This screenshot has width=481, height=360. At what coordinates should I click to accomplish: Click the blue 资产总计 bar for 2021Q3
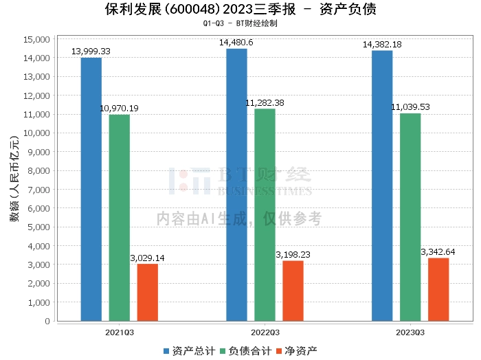pyautogui.click(x=91, y=189)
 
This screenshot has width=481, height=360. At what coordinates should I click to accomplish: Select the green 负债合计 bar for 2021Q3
pyautogui.click(x=120, y=217)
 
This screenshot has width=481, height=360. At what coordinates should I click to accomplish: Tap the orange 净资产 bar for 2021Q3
pyautogui.click(x=147, y=292)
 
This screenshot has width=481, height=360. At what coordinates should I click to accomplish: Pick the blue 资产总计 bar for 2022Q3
pyautogui.click(x=237, y=184)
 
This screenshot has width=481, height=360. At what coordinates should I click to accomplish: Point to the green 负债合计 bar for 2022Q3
pyautogui.click(x=265, y=214)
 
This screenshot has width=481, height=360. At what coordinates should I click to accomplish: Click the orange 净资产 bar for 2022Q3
pyautogui.click(x=293, y=291)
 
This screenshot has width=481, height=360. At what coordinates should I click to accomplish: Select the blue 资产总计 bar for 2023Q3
pyautogui.click(x=382, y=185)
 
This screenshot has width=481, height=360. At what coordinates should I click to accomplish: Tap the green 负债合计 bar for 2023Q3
pyautogui.click(x=410, y=216)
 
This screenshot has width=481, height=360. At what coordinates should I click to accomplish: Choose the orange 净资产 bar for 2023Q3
pyautogui.click(x=438, y=289)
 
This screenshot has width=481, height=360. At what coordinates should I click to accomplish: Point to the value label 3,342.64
pyautogui.click(x=438, y=252)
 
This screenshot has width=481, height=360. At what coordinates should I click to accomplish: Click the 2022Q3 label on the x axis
pyautogui.click(x=265, y=332)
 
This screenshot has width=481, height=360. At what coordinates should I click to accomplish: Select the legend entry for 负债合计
pyautogui.click(x=245, y=351)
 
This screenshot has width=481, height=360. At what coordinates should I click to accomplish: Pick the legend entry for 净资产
pyautogui.click(x=297, y=351)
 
